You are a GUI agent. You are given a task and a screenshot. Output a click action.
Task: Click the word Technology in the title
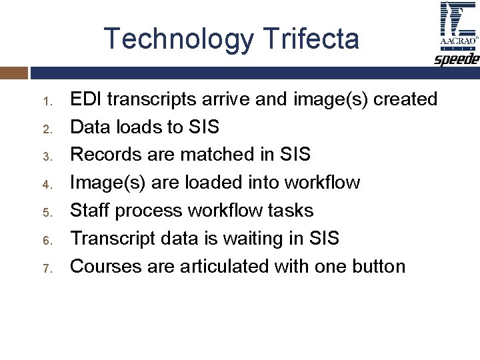[178, 39]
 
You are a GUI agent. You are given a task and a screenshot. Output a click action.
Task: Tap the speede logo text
[457, 59]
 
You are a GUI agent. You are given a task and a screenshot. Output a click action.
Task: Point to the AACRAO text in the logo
[457, 41]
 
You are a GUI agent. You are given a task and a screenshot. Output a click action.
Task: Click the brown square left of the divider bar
[13, 73]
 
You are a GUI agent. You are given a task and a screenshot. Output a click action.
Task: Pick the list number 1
[47, 102]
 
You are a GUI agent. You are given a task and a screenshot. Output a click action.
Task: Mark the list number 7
[47, 269]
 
